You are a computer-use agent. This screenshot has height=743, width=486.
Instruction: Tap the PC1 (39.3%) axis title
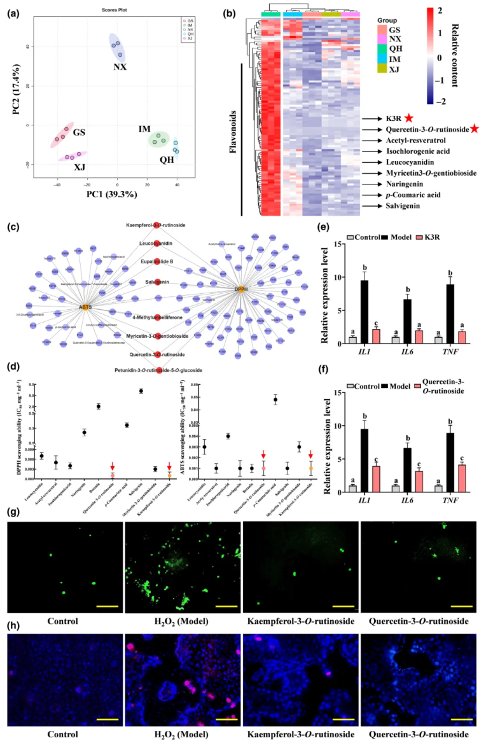[111, 194]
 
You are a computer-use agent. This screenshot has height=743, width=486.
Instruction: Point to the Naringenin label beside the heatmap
[394, 183]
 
